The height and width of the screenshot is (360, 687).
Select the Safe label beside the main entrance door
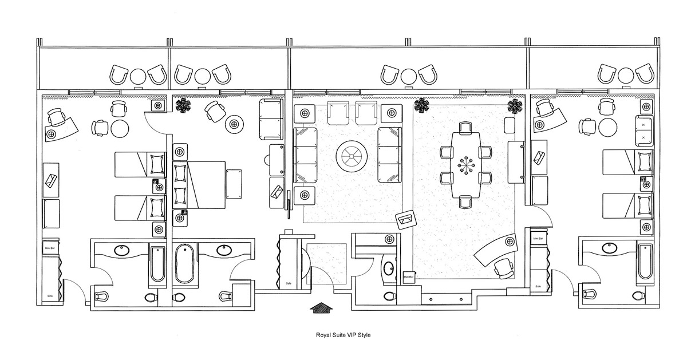coord(287,283)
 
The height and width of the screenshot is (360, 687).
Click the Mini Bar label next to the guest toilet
coord(408,277)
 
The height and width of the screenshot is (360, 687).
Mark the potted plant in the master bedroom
coord(183,105)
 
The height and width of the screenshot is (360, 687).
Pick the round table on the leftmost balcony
coord(139,76)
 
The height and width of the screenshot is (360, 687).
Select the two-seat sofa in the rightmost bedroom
coord(643,130)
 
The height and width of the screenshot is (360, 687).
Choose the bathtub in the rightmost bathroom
coord(645,262)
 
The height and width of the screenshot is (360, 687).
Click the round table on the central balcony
coord(408,76)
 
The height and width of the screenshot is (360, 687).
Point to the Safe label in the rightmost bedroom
coord(538,286)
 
